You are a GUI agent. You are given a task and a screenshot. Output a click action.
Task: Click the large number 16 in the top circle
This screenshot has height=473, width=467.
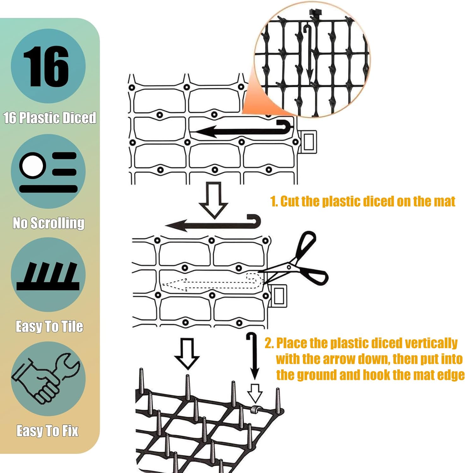pyautogui.click(x=46, y=66)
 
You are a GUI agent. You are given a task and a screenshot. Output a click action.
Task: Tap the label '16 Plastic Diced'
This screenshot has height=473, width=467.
pyautogui.click(x=50, y=118)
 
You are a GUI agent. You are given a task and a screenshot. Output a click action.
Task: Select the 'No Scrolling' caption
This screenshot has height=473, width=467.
pyautogui.click(x=49, y=223)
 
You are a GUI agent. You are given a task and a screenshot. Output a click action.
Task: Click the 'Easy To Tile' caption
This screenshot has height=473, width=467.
pyautogui.click(x=50, y=326)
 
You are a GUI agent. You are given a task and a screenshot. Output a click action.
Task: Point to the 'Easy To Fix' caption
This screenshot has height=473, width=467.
pyautogui.click(x=47, y=430)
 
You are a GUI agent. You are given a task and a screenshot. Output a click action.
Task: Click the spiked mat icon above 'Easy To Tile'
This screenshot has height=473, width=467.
pyautogui.click(x=48, y=276)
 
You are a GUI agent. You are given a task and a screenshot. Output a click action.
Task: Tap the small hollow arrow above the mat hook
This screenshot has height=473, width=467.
pyautogui.click(x=255, y=393)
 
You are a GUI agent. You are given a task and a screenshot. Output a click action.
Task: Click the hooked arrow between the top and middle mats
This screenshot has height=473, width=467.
pyautogui.click(x=213, y=223)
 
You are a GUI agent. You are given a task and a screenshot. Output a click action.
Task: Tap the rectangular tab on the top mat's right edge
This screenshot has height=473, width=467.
pyautogui.click(x=308, y=142)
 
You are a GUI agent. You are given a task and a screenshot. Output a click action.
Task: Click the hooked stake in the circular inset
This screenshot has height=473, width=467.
pyautogui.click(x=309, y=54)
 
